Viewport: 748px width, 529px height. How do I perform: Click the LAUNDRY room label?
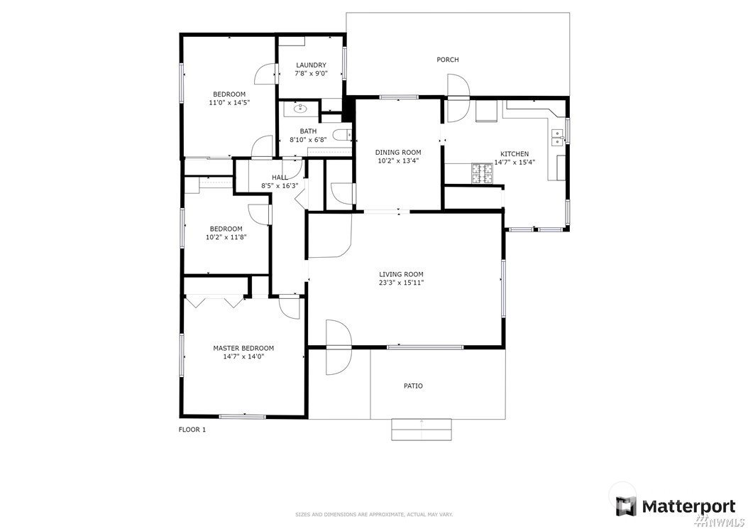pos(311,65)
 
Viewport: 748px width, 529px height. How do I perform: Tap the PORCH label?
pos(448,60)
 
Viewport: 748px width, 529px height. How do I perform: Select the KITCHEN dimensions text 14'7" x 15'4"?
pos(515,162)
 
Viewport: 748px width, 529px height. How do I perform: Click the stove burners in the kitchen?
pos(482,174)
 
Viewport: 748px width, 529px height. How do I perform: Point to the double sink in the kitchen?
pos(558,138)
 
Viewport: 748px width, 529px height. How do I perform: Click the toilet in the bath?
pos(341,136)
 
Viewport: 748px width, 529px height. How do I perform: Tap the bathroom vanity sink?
pos(300,109)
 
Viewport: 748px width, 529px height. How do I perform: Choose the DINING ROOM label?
pos(398,153)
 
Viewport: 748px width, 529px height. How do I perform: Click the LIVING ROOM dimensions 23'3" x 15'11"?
pos(401,283)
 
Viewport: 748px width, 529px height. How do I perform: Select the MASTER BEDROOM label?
pos(243,349)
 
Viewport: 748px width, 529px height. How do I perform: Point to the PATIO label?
pos(413,386)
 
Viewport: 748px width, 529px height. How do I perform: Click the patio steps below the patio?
pos(422,429)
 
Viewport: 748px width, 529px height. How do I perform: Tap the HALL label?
pos(280,178)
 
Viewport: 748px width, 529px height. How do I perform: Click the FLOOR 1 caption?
pos(192,430)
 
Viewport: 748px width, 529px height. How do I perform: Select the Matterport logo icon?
pos(625,506)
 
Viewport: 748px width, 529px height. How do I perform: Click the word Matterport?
pos(689,506)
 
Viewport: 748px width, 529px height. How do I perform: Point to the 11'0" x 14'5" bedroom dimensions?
pos(229,102)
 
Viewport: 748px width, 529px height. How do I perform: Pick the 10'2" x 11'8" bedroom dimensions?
pos(226,237)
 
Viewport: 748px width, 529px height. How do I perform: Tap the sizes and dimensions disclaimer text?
pos(374,515)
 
